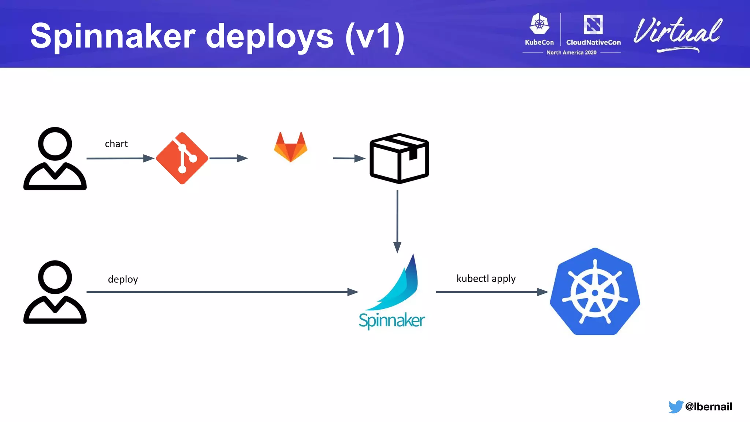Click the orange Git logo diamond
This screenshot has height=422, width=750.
click(x=182, y=158)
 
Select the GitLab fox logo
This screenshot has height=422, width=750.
click(x=291, y=147)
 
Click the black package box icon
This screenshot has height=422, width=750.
click(x=399, y=158)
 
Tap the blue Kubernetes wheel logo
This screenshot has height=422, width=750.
click(x=595, y=292)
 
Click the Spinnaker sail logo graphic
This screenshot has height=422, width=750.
click(x=397, y=284)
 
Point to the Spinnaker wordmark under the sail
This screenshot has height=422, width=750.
click(x=391, y=321)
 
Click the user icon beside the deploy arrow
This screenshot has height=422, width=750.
click(x=55, y=292)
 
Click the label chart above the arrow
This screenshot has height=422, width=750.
click(x=116, y=144)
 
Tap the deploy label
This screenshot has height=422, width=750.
click(x=123, y=279)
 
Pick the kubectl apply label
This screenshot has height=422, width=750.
click(x=486, y=278)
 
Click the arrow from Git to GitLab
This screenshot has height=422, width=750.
click(x=229, y=158)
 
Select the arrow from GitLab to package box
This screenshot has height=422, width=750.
click(x=349, y=158)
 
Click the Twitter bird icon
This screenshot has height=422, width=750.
click(x=675, y=407)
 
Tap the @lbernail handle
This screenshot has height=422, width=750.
click(x=708, y=407)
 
